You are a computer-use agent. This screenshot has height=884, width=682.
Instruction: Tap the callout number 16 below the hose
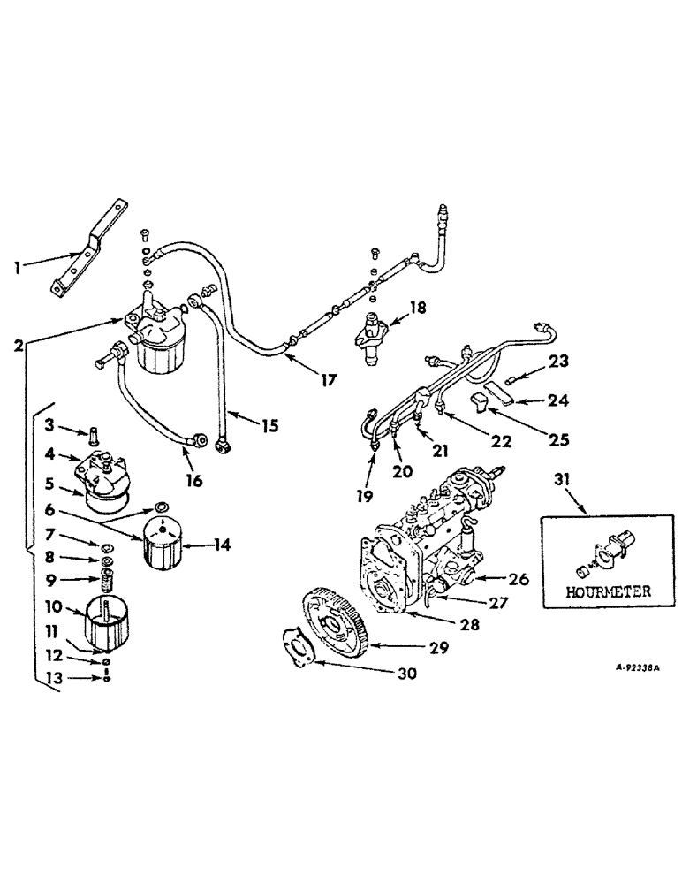(x=193, y=481)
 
